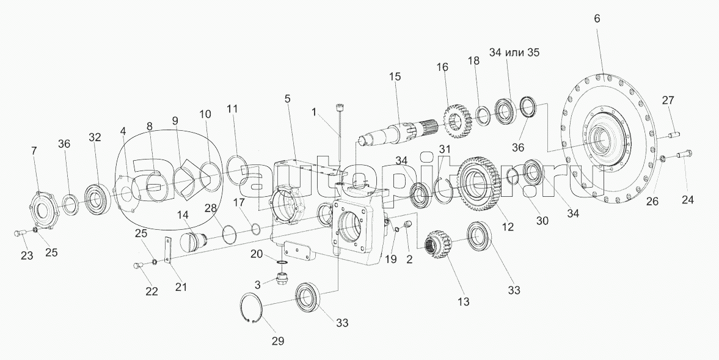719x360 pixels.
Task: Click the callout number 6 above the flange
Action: [x=597, y=18]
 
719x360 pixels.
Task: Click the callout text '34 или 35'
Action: [x=514, y=53]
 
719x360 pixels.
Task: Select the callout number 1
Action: [x=314, y=112]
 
